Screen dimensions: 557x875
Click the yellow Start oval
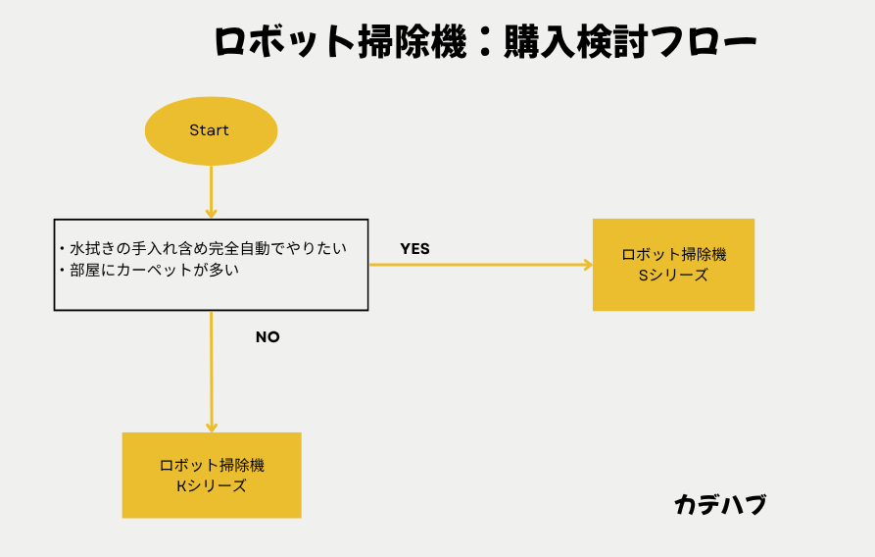(211, 129)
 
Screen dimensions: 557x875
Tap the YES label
(414, 249)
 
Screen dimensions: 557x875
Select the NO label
(267, 336)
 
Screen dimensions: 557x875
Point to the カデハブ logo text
(720, 505)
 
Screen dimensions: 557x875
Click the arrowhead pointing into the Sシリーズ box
(588, 265)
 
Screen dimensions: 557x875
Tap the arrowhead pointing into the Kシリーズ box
(211, 427)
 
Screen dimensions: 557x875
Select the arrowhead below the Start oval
(211, 212)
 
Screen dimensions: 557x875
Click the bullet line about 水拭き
(206, 248)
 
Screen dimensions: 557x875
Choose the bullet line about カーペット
(152, 270)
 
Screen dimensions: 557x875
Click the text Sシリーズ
(673, 276)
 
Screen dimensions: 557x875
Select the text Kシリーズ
(211, 485)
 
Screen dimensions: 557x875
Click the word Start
(209, 130)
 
